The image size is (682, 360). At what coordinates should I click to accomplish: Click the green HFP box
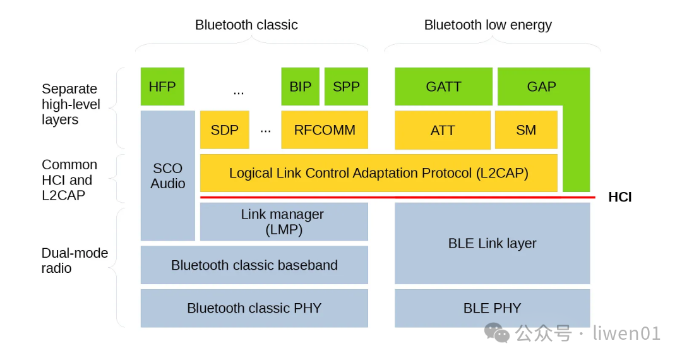(162, 87)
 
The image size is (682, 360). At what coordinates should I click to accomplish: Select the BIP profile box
(300, 87)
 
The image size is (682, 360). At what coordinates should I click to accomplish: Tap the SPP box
(346, 87)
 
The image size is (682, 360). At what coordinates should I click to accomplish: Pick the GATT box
(444, 87)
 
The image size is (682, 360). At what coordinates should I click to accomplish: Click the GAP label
(542, 87)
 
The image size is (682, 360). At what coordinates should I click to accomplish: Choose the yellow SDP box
(224, 130)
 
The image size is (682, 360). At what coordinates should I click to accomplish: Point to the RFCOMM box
(325, 130)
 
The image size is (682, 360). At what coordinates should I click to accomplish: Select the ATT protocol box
(443, 130)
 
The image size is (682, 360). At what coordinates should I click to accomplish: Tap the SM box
(526, 130)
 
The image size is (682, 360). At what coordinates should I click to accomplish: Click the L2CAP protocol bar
(379, 173)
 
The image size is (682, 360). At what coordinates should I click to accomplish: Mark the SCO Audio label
(168, 176)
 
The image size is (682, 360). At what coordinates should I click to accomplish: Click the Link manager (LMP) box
(284, 222)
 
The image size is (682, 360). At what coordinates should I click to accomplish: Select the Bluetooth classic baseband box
(254, 265)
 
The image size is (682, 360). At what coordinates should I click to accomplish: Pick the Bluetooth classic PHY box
(254, 308)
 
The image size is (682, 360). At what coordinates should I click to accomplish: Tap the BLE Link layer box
(493, 244)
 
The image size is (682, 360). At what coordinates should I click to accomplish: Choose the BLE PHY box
(493, 308)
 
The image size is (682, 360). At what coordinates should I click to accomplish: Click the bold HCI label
(620, 197)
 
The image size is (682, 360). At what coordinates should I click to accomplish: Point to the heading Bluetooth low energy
(488, 25)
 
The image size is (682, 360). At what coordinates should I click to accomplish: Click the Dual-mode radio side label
(75, 260)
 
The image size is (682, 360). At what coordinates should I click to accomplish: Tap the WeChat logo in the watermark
(497, 333)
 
